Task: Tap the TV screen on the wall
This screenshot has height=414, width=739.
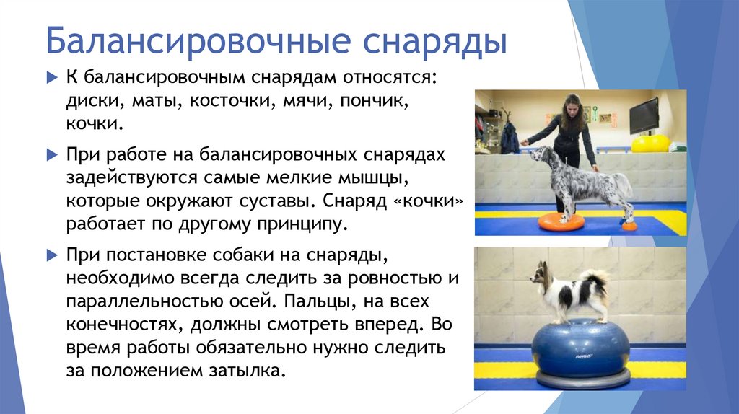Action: [643, 115]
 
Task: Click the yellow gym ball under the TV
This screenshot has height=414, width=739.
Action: [650, 144]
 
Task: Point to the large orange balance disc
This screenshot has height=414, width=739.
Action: [561, 221]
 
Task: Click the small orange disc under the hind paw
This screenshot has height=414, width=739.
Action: [629, 226]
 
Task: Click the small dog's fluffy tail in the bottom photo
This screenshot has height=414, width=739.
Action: [595, 282]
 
